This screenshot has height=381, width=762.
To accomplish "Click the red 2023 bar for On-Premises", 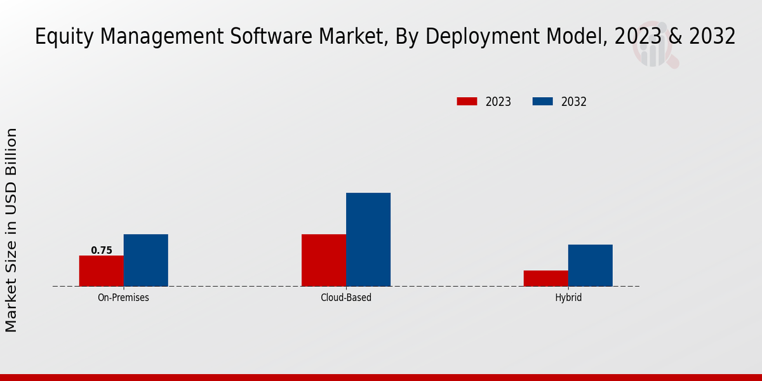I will tap(101, 271).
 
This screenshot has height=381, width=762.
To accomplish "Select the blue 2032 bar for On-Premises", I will tap(146, 260).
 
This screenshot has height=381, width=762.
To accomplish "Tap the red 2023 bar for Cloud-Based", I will tap(324, 260).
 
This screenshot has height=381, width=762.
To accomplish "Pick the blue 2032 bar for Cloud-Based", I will tap(368, 239).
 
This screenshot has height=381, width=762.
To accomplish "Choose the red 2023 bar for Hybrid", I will tap(546, 278).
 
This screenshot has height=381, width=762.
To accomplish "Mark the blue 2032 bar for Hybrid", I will tap(591, 265).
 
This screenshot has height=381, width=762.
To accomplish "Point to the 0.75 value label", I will tap(102, 250).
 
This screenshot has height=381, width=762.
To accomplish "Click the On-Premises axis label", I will tap(123, 297).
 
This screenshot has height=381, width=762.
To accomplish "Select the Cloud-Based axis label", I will tap(346, 297).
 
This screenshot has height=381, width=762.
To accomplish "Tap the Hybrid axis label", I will tap(568, 297).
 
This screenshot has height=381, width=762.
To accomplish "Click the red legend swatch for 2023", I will tap(467, 102).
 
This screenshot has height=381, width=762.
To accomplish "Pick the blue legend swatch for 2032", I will tap(542, 102).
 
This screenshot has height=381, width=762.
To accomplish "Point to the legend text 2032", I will tap(574, 102).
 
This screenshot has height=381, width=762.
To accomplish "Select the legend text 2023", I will tap(498, 102).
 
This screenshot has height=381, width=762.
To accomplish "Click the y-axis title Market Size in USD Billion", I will tap(11, 230).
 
